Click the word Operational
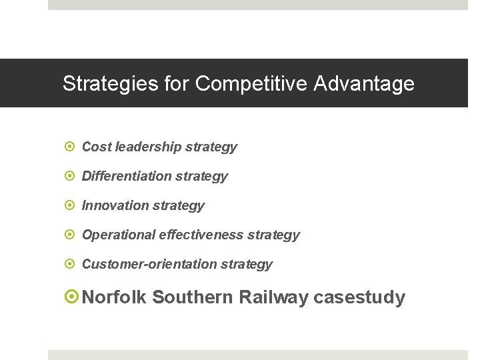119,235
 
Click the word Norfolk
114,297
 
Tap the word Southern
191,297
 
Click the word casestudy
359,297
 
